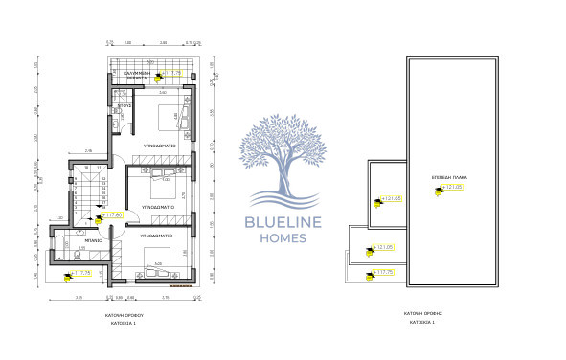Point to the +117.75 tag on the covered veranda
[x=172, y=72]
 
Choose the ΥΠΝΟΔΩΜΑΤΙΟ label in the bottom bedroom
[x=158, y=234]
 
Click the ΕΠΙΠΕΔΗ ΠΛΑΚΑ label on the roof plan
[x=447, y=179]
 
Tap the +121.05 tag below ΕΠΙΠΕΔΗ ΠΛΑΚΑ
[x=452, y=188]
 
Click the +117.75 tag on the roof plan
[x=382, y=272]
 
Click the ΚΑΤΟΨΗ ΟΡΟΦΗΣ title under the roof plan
[x=421, y=313]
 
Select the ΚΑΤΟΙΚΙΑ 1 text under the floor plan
[x=123, y=323]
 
